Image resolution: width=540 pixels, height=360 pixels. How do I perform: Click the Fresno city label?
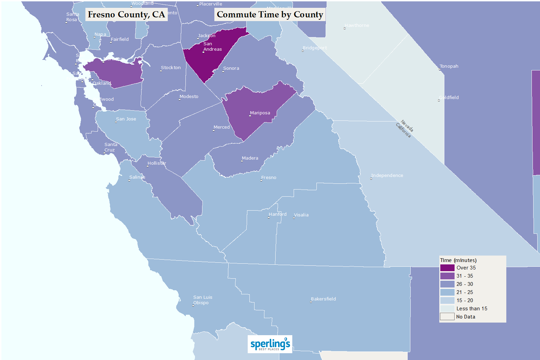click(x=268, y=178)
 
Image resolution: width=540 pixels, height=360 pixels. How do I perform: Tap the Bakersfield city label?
click(x=323, y=299)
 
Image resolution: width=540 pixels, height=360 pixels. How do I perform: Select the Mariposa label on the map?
click(x=260, y=113)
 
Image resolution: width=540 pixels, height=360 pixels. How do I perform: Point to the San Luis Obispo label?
click(x=202, y=300)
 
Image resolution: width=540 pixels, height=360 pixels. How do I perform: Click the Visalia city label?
click(x=301, y=215)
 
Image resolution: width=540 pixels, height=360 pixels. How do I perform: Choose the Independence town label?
click(x=387, y=176)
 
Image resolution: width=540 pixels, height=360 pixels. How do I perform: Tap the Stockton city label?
click(x=171, y=68)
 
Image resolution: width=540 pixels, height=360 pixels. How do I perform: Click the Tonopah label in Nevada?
click(x=449, y=66)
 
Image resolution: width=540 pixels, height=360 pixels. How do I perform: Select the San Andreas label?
click(x=212, y=47)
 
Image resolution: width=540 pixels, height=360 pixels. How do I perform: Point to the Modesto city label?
click(x=189, y=97)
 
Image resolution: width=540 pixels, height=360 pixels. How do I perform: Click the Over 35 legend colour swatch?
click(x=447, y=268)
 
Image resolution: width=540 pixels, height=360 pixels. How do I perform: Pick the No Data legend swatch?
click(x=447, y=317)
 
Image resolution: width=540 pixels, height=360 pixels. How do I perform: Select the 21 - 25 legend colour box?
click(x=447, y=292)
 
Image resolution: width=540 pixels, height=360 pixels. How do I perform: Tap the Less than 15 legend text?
click(x=472, y=309)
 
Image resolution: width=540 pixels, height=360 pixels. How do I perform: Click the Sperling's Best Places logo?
click(x=270, y=344)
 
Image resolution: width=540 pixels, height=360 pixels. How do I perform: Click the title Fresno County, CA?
click(x=126, y=15)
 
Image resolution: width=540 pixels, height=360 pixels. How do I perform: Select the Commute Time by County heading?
click(x=270, y=15)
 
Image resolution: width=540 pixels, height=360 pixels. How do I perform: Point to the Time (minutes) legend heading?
click(x=458, y=260)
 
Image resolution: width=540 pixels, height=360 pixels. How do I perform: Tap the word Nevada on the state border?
click(x=407, y=126)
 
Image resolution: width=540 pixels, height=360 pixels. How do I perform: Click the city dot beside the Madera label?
click(x=242, y=161)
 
